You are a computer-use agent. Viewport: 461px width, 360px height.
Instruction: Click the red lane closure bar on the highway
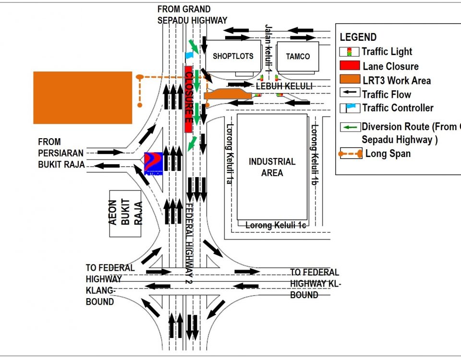click(x=189, y=99)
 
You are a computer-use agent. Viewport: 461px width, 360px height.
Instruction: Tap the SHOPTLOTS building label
click(x=233, y=56)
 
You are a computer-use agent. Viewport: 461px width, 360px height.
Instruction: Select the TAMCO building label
click(x=298, y=56)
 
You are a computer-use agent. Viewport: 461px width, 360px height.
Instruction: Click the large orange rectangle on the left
click(x=82, y=97)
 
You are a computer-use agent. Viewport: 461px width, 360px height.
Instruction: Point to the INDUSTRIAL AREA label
click(x=272, y=167)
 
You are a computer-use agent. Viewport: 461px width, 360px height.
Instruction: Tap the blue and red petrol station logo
click(x=154, y=164)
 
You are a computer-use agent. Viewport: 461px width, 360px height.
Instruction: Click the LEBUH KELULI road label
click(x=284, y=86)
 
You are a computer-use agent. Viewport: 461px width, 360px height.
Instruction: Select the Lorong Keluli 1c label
click(x=276, y=225)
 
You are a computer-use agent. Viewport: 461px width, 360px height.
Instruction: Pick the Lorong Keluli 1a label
click(x=230, y=154)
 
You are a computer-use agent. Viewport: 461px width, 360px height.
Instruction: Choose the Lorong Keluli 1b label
click(x=314, y=154)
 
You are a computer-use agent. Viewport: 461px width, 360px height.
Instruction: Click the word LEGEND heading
click(x=358, y=37)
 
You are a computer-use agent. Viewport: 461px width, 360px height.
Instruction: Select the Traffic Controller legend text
click(x=398, y=108)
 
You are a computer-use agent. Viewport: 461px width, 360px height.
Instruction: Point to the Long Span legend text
click(x=388, y=154)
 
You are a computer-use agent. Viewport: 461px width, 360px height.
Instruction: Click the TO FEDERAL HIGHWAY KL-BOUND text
click(x=315, y=284)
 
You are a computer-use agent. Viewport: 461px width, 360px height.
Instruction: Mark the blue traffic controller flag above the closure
click(x=189, y=56)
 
